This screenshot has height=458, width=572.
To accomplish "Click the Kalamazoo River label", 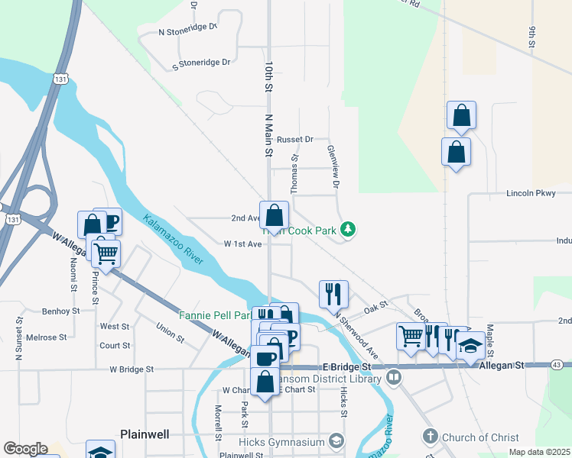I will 173,240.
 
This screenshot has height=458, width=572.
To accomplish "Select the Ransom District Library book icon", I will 393,377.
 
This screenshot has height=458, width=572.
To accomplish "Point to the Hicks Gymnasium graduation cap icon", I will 336,440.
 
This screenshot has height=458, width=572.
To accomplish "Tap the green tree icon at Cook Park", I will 348,228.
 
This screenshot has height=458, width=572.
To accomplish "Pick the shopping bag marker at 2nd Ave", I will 274,214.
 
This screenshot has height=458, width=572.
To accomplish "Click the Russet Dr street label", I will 295,140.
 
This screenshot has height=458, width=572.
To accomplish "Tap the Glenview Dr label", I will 333,166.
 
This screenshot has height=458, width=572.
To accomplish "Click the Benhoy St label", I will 61,311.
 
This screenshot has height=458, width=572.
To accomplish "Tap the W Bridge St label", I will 132,369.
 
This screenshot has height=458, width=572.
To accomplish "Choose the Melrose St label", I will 46,337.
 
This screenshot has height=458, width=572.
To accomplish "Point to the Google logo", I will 25,449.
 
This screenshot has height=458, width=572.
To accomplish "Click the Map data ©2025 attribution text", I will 539,452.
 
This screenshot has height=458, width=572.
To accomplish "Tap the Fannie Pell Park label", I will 215,314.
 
